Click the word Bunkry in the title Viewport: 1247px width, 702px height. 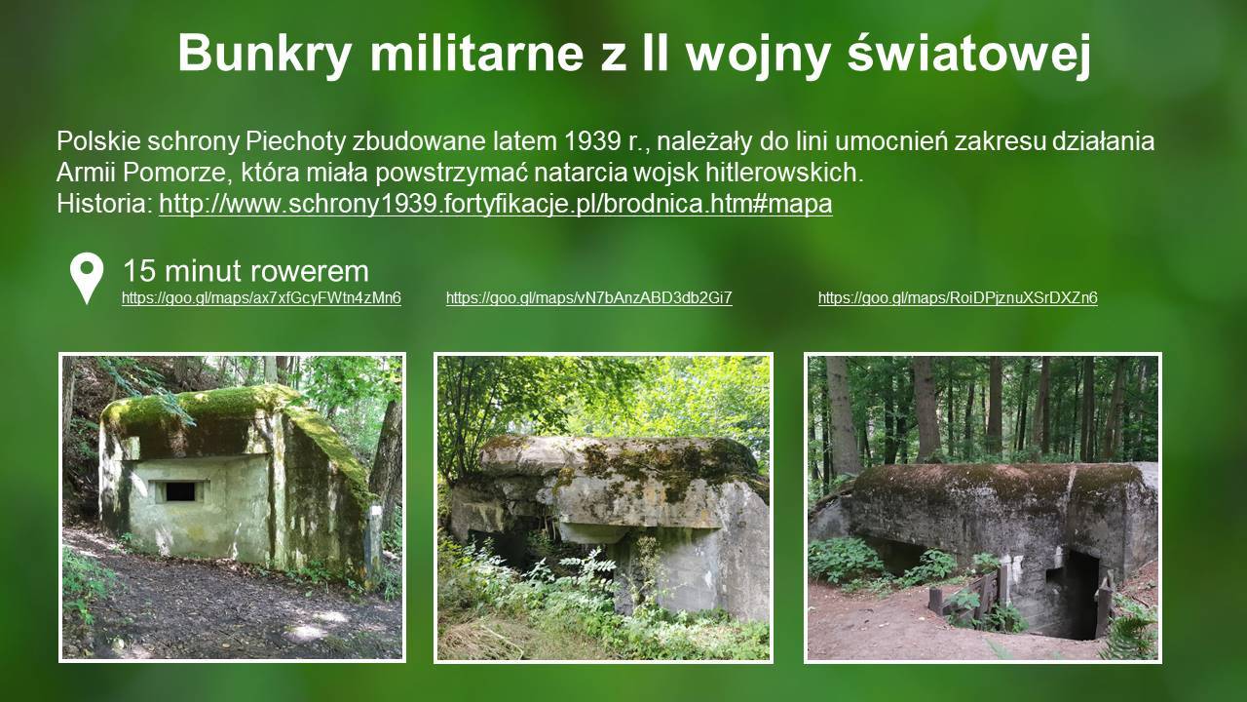(264, 54)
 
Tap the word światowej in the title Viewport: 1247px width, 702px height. (969, 53)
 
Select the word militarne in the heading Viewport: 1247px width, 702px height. (476, 53)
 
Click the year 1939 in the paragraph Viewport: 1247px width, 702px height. (592, 141)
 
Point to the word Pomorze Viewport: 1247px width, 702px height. (173, 174)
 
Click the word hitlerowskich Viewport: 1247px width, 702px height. (784, 173)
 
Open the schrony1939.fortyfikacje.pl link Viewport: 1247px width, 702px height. (496, 204)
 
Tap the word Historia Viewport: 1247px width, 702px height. (104, 204)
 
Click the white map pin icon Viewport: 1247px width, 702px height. (87, 277)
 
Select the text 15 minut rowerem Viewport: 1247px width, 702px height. (246, 271)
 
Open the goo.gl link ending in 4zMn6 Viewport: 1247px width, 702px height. (261, 298)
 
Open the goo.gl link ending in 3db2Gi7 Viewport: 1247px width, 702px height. (589, 298)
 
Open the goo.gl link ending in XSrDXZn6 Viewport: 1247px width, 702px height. (958, 298)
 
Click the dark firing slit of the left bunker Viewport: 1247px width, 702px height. (180, 491)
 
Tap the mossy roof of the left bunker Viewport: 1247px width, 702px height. (223, 407)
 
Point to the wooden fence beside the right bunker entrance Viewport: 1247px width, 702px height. (968, 595)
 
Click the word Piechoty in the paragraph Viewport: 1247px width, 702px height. (295, 141)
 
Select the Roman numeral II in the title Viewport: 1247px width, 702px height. (655, 54)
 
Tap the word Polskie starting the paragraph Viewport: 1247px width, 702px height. (98, 141)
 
